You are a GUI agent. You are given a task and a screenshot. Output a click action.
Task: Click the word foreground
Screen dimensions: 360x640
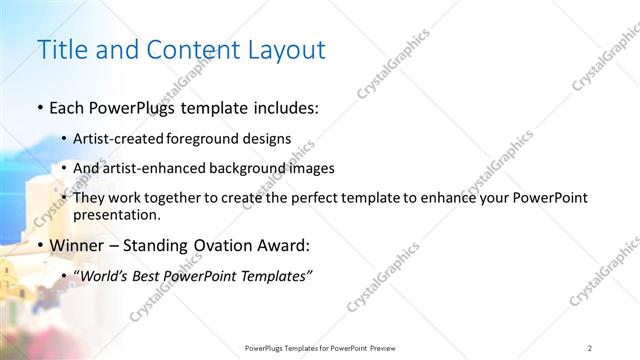tap(199, 139)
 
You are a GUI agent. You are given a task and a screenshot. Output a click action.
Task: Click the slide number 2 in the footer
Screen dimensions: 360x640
tap(591, 347)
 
